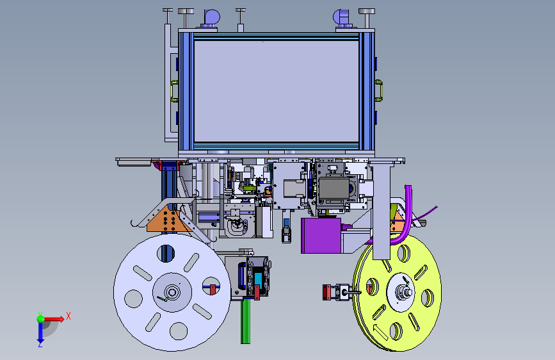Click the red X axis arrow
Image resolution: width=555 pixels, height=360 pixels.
[x=53, y=319]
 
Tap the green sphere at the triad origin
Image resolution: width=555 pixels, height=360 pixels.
[x=41, y=319]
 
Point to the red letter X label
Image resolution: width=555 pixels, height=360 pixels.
[x=68, y=316]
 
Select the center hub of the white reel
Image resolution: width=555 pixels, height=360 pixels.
[x=172, y=292]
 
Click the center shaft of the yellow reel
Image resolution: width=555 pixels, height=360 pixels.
[x=405, y=293]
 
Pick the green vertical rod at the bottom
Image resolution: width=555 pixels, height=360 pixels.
[x=245, y=322]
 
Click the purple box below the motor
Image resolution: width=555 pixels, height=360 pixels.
[x=321, y=236]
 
